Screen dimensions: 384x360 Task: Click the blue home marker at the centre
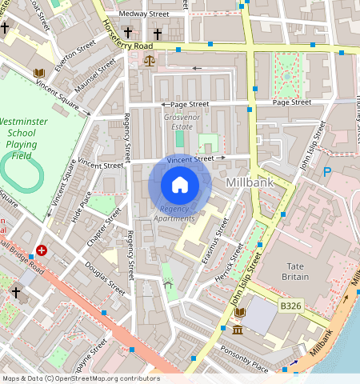[x=180, y=185]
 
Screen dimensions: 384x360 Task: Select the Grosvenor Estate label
[x=178, y=122]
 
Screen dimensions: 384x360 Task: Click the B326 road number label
[x=291, y=305]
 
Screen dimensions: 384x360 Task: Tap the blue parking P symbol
[x=326, y=172]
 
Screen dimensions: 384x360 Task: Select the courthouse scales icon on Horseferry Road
[x=149, y=59]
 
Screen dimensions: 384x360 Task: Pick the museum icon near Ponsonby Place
[x=238, y=330]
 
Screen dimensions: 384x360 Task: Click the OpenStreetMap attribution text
[x=80, y=378]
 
